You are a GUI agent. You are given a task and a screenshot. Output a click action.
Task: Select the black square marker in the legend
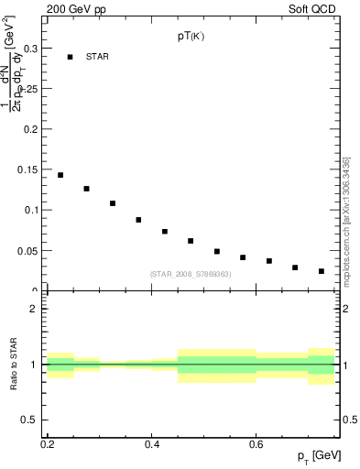tap(70, 57)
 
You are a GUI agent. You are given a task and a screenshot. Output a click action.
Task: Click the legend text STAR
tap(97, 57)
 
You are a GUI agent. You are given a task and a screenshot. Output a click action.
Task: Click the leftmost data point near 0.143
tap(60, 175)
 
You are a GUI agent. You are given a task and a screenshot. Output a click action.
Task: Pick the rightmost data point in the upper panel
tap(322, 271)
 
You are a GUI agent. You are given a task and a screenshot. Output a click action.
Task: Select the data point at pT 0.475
tap(191, 241)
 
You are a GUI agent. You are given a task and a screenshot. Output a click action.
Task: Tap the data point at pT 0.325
tap(113, 203)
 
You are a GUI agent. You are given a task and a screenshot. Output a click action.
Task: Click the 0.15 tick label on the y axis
tap(30, 169)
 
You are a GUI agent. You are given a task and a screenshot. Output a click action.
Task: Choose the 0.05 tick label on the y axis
tap(30, 250)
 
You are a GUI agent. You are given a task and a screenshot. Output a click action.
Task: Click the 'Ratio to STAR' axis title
tap(16, 365)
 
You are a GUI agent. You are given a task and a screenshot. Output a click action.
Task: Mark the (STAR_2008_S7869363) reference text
tap(190, 274)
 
